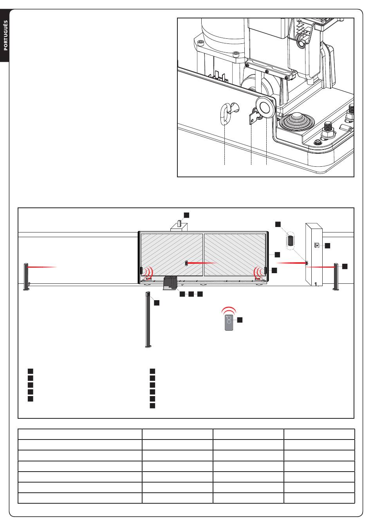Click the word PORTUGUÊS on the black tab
(6, 35)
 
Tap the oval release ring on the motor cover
(226, 114)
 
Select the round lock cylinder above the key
(265, 107)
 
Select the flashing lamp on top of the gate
(179, 224)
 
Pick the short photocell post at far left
(27, 277)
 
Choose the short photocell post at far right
(336, 277)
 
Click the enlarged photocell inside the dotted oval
(290, 240)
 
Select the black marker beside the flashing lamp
(187, 215)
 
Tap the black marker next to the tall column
(157, 303)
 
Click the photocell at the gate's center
(187, 263)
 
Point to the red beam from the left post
(43, 267)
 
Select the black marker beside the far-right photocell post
(345, 266)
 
